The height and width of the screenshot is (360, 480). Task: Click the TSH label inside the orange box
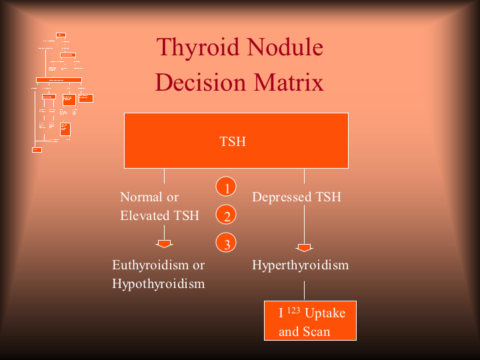[x=233, y=141]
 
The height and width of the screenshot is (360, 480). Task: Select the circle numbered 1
[x=227, y=188]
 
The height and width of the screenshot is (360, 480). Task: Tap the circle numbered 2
[x=227, y=216]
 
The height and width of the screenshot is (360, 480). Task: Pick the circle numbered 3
[x=227, y=244]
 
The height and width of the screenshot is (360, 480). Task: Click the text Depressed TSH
[x=297, y=197]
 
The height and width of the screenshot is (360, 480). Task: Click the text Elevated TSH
[x=159, y=215]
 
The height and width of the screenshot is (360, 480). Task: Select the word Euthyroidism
[x=151, y=265]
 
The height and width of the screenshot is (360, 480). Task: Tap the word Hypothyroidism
[x=158, y=283]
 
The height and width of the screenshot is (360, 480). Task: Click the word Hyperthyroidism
[x=300, y=265]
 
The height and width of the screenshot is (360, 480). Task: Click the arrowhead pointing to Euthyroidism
[x=164, y=243]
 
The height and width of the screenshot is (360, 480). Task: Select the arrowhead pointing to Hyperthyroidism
[x=305, y=248]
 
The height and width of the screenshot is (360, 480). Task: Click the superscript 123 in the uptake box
[x=294, y=309]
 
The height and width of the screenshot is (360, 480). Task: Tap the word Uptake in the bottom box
[x=325, y=313]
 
